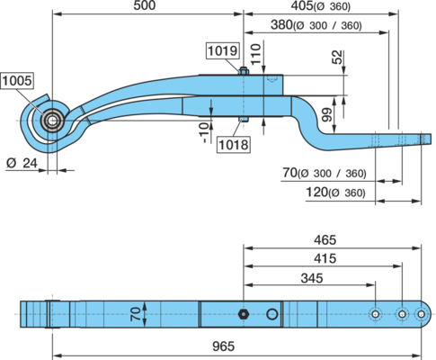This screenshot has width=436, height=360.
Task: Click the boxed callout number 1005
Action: click(17, 81)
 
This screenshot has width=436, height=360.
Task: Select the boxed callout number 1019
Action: click(223, 50)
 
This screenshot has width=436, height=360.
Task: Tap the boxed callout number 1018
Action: click(234, 145)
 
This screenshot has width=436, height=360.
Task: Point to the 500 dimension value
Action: click(145, 5)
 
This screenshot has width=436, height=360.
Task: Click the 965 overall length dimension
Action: click(223, 346)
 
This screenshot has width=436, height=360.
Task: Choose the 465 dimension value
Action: click(325, 240)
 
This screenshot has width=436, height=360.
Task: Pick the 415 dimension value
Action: click(325, 258)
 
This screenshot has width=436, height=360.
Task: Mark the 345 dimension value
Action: click(312, 278)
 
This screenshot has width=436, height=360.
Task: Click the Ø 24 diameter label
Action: click(22, 163)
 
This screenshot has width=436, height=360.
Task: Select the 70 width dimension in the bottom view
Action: click(136, 314)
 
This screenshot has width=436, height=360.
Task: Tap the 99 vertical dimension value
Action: click(327, 114)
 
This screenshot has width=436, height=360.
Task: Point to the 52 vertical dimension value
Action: click(337, 58)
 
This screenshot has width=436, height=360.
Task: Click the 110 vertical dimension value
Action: click(256, 54)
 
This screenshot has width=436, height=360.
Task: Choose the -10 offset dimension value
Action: click(204, 133)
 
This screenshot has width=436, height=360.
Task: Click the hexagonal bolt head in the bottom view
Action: click(243, 314)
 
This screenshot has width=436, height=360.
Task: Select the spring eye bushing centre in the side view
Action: click(53, 121)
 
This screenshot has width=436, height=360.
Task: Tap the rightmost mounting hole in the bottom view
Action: click(421, 314)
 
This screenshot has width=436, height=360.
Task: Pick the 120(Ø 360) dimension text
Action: click(335, 192)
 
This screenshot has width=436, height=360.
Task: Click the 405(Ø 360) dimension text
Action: click(321, 6)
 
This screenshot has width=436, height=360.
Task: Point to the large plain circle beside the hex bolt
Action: click(272, 314)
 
